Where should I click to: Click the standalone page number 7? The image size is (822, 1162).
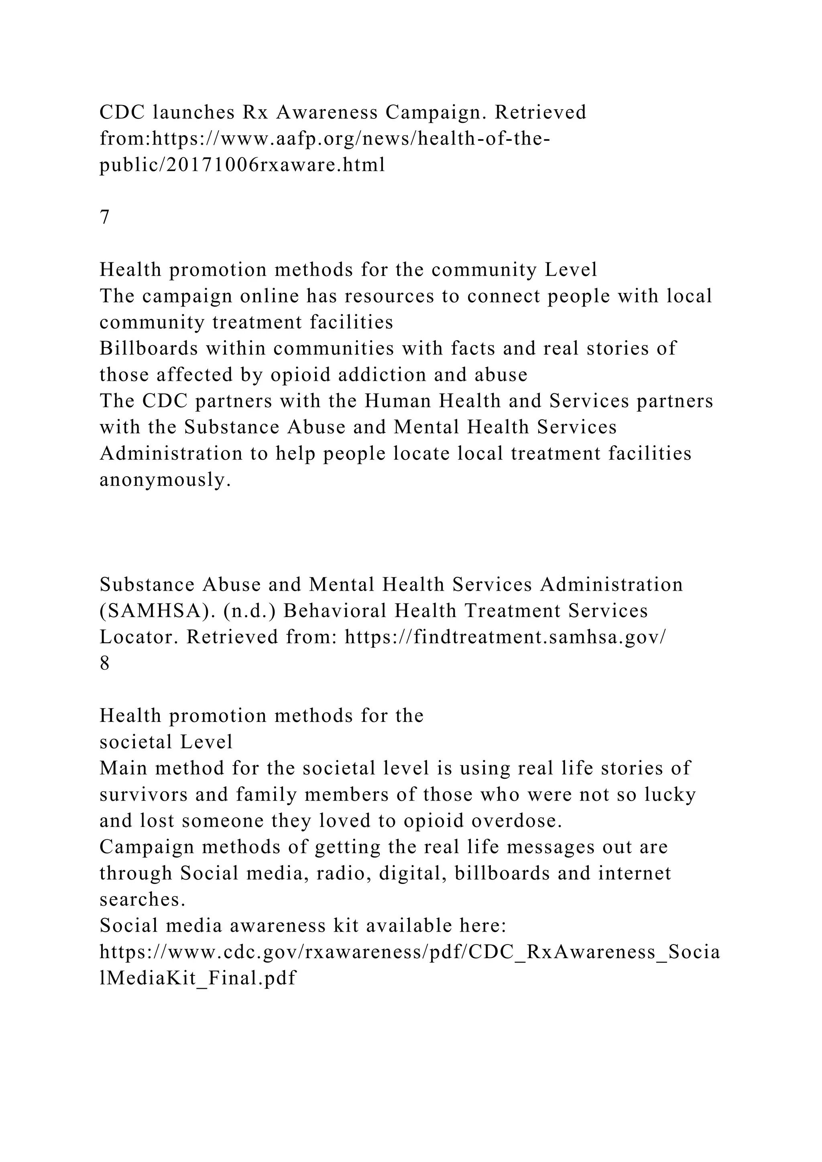105,217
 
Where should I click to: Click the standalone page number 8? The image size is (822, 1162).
105,663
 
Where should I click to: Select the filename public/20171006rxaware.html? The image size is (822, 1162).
242,165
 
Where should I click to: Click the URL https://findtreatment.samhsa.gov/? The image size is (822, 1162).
505,637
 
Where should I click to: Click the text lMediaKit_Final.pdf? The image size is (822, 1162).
197,978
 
